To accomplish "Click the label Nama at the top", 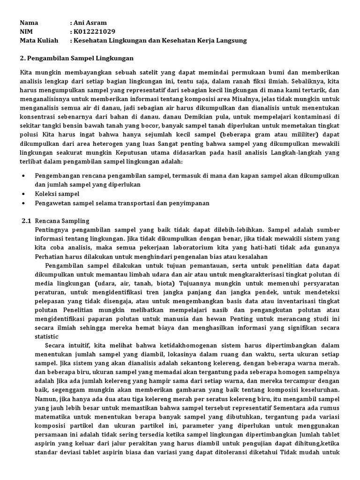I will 29,22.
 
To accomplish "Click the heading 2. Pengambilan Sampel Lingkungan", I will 77,58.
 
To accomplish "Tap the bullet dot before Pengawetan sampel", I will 24,203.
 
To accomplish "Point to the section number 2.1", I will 26,220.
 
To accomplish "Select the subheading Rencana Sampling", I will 62,220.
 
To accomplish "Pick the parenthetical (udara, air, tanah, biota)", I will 135,284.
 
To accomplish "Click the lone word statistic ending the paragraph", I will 46,337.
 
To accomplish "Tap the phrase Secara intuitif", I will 67,345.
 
